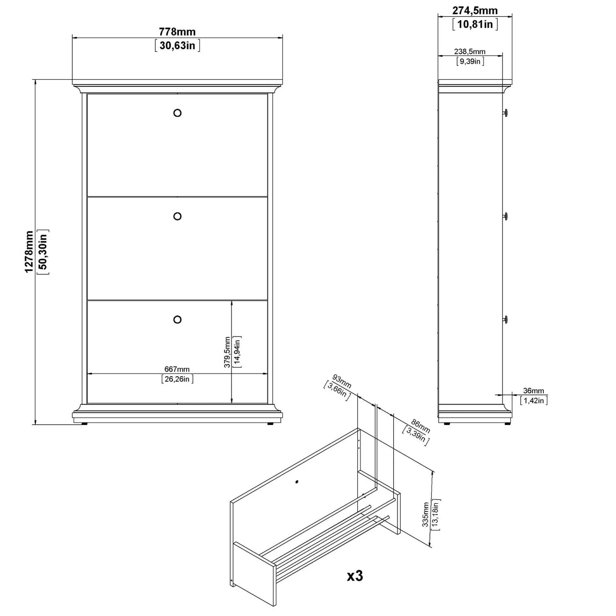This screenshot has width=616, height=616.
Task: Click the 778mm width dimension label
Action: (177, 32)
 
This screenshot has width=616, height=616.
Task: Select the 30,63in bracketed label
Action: (177, 46)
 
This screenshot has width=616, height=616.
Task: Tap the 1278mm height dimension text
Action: (29, 252)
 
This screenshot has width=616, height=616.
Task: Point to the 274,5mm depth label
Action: (475, 10)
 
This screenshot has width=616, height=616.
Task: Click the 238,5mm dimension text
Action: (470, 51)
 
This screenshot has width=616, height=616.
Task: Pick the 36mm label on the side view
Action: (533, 391)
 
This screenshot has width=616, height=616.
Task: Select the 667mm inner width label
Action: (177, 369)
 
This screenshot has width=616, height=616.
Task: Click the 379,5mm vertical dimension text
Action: (227, 352)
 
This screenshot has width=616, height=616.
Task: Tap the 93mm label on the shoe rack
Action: (342, 382)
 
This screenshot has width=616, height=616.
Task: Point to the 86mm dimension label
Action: (420, 427)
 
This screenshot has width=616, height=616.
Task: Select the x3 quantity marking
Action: (355, 576)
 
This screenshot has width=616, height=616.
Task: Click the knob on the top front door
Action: (177, 113)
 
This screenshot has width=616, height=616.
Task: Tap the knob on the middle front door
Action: (177, 216)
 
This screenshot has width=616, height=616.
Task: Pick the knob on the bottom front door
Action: (177, 319)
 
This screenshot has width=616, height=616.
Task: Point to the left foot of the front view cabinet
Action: (84, 424)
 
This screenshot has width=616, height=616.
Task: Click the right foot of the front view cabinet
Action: (270, 424)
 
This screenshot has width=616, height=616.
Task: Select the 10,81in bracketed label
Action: (475, 24)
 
